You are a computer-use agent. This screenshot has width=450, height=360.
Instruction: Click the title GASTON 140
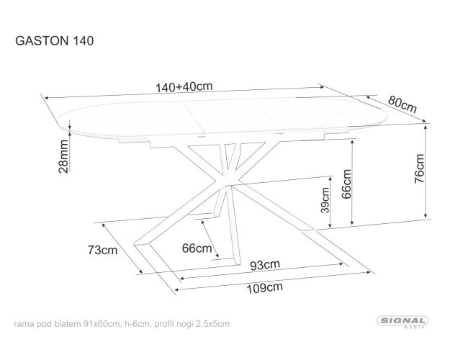(x=54, y=41)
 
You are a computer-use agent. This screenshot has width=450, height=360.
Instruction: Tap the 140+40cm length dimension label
(x=184, y=86)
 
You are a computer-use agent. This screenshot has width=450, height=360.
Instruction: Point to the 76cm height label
(x=419, y=168)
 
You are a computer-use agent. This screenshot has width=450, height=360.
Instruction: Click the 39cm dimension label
(x=325, y=200)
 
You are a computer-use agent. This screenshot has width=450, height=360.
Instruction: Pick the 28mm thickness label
(x=63, y=156)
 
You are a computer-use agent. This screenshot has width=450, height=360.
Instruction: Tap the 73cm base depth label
(x=102, y=250)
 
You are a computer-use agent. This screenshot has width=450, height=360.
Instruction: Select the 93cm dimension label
(x=265, y=265)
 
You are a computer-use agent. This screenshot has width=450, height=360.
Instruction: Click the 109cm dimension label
(x=265, y=288)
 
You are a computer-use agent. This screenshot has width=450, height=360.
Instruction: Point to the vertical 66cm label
(x=346, y=184)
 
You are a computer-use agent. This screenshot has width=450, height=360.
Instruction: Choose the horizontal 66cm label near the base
(x=197, y=248)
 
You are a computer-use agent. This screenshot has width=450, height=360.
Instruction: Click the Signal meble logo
(x=402, y=322)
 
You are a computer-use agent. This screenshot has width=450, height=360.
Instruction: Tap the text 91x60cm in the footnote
(x=102, y=324)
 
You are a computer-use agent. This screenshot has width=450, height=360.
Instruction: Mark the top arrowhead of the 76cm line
(x=426, y=127)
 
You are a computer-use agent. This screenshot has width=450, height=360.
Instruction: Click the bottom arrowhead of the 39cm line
(x=330, y=225)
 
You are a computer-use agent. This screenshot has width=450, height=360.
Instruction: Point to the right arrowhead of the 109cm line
(x=369, y=272)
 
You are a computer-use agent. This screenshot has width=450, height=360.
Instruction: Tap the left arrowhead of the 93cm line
(x=183, y=278)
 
